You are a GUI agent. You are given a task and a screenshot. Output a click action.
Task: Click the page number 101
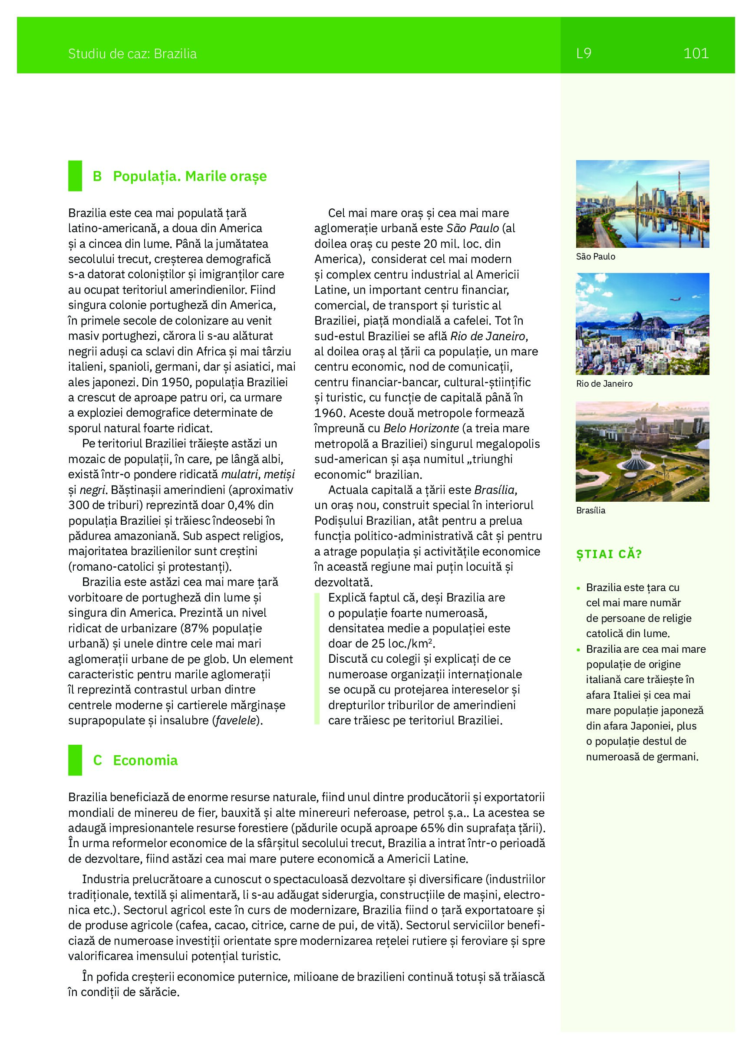point(696,54)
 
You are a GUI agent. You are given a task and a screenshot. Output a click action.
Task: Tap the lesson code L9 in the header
point(584,54)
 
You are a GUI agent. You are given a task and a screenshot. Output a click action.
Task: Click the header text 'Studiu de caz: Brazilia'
point(132,54)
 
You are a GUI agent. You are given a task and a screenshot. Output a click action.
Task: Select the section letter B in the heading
point(97,176)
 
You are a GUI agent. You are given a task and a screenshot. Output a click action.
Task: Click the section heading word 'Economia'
point(145,760)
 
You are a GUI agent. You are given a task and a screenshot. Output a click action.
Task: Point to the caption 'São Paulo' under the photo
point(595,256)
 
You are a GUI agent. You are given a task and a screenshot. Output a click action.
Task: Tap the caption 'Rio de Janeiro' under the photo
point(604,383)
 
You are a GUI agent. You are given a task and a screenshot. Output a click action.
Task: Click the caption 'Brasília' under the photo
point(590,510)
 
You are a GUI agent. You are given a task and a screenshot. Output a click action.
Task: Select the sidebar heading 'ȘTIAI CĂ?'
point(609,554)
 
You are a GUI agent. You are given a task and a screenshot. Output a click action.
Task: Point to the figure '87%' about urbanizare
point(197,628)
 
